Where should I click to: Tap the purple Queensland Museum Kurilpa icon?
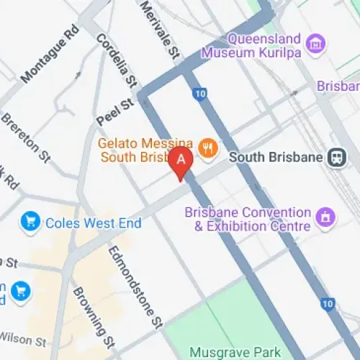315,44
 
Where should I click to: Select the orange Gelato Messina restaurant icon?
208,149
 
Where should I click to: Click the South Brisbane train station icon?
336,157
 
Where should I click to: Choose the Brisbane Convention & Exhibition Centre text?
248,220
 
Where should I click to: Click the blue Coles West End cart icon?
30,222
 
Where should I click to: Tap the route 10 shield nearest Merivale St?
199,93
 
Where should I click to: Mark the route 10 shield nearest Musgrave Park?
328,303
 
